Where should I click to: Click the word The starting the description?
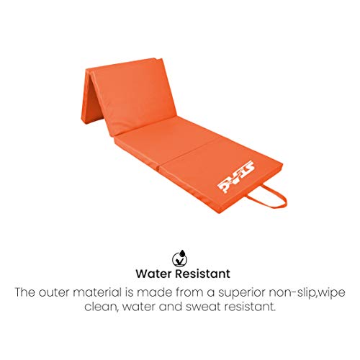(x=31, y=293)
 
